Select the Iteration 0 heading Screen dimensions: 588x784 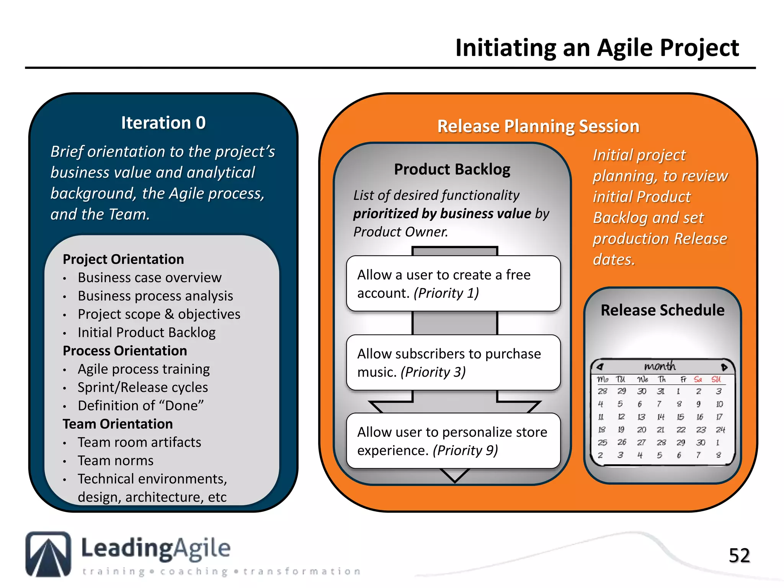(x=163, y=123)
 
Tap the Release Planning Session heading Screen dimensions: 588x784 (x=538, y=126)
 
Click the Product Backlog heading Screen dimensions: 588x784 (x=452, y=169)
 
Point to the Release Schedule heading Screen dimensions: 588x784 (x=662, y=310)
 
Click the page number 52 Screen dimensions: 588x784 (x=739, y=555)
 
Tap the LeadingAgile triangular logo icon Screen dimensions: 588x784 (x=48, y=554)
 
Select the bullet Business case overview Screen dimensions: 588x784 (x=149, y=278)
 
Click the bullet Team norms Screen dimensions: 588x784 (x=115, y=461)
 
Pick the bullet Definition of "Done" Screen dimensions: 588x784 (x=140, y=405)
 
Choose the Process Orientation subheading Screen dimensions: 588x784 (x=125, y=351)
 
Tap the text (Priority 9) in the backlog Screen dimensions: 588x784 (x=465, y=451)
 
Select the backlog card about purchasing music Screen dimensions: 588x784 (x=453, y=363)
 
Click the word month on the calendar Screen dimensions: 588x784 (x=660, y=366)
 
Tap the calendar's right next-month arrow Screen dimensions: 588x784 (x=724, y=367)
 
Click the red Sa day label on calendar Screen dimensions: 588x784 (x=698, y=379)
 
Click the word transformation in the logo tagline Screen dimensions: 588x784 (x=302, y=572)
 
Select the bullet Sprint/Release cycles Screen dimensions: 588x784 (x=142, y=387)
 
